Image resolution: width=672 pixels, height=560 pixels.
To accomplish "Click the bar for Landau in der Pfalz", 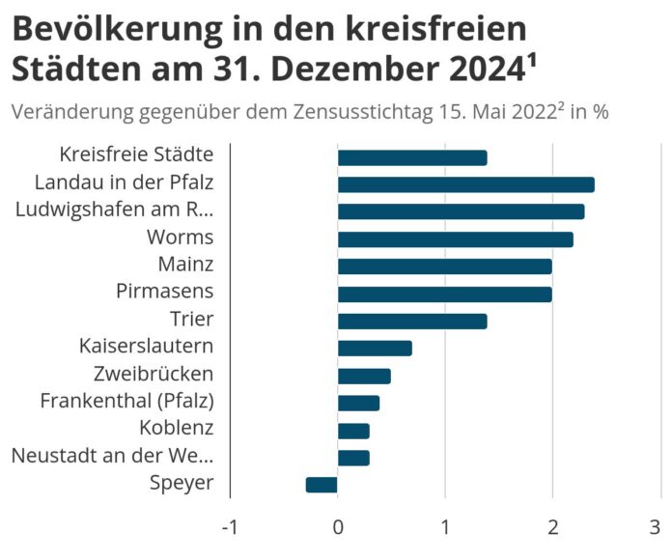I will pos(465,184).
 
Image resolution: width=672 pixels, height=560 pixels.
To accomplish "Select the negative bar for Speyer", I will pos(322,485).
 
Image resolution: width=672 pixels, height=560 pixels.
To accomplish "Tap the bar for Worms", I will pos(455,239).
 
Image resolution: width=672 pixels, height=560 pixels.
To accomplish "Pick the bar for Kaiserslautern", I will pos(375,349).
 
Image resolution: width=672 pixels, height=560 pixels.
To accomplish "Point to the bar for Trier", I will pos(412,322).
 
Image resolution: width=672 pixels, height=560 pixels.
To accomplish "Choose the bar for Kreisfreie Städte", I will pos(412,157).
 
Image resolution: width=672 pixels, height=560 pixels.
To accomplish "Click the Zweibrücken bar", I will pos(364,376).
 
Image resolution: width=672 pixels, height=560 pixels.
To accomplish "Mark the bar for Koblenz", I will pos(353,431).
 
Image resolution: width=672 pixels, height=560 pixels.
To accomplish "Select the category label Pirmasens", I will pos(164,292).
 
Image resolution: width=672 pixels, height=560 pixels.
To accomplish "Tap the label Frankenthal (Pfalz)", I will pos(126,401).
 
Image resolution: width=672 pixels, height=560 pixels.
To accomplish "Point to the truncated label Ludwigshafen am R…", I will pos(115,210).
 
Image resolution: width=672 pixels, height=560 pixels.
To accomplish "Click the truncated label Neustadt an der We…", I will pos(112,456).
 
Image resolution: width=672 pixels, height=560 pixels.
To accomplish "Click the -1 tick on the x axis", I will pos(229,528).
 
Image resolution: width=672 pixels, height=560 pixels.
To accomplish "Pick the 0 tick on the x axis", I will pos(338,528).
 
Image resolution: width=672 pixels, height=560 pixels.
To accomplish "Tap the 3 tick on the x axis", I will pos(659,528).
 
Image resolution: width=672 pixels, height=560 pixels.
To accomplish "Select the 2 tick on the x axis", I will pos(552,528).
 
